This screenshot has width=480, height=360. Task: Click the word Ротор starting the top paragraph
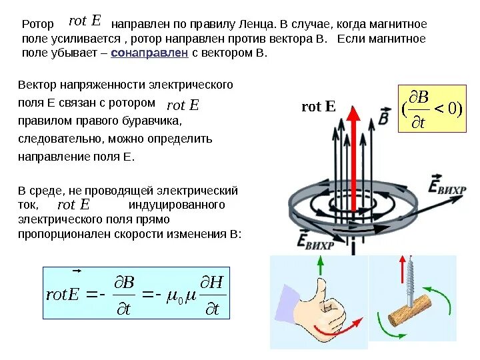pos(38,24)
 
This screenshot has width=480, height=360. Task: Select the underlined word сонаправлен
pos(149,53)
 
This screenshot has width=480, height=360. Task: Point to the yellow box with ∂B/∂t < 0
pos(431,109)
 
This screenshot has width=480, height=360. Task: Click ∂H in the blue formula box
pos(214,283)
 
